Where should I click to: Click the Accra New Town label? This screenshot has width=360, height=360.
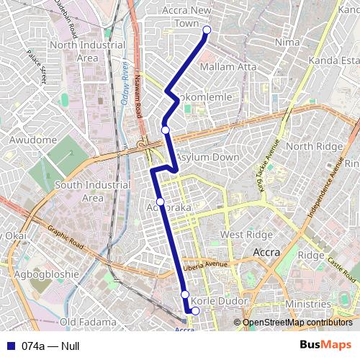pyautogui.click(x=186, y=17)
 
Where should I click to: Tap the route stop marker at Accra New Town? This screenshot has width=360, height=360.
pyautogui.click(x=207, y=30)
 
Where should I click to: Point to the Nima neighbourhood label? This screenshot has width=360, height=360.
pyautogui.click(x=288, y=42)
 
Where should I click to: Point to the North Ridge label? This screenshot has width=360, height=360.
pyautogui.click(x=310, y=146)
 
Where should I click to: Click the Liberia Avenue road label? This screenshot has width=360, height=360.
pyautogui.click(x=205, y=265)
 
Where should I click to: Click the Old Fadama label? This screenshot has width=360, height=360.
pyautogui.click(x=88, y=321)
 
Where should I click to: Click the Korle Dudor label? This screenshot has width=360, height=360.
pyautogui.click(x=222, y=300)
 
